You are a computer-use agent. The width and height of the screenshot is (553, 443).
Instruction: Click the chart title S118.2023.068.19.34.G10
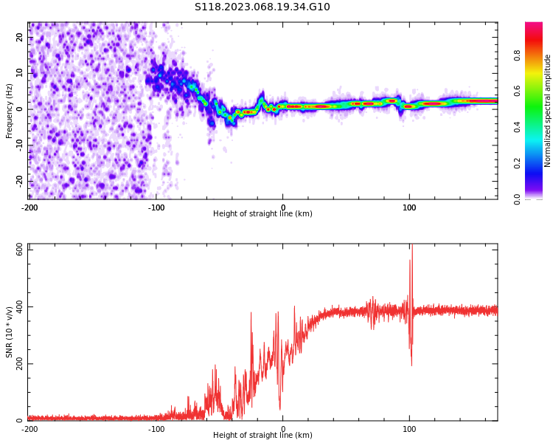pyautogui.click(x=262, y=7)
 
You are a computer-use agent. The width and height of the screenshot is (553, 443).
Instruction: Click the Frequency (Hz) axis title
pyautogui.click(x=10, y=111)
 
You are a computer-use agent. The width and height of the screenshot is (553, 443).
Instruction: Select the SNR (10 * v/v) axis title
pyautogui.click(x=10, y=332)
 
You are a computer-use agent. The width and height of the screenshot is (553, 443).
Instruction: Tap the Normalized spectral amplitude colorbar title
pyautogui.click(x=548, y=111)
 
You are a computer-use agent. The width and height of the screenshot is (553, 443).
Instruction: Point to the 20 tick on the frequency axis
pyautogui.click(x=20, y=37)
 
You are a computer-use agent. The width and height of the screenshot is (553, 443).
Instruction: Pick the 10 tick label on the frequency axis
pyautogui.click(x=20, y=73)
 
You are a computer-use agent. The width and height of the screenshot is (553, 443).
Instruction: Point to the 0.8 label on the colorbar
pyautogui.click(x=518, y=55)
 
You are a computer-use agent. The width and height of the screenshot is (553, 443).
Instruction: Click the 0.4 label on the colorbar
pyautogui.click(x=518, y=127)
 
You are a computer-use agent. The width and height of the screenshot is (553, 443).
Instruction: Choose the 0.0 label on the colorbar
pyautogui.click(x=518, y=198)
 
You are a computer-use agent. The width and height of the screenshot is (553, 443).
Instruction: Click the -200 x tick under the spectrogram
pyautogui.click(x=29, y=208)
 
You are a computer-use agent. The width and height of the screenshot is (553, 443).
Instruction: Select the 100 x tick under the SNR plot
pyautogui.click(x=409, y=429)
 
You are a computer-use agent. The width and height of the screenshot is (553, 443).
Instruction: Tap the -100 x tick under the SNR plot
pyautogui.click(x=156, y=429)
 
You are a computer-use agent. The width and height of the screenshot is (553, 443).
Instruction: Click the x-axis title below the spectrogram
pyautogui.click(x=262, y=214)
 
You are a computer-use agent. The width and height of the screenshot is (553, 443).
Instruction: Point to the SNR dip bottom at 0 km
pyautogui.click(x=280, y=408)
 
